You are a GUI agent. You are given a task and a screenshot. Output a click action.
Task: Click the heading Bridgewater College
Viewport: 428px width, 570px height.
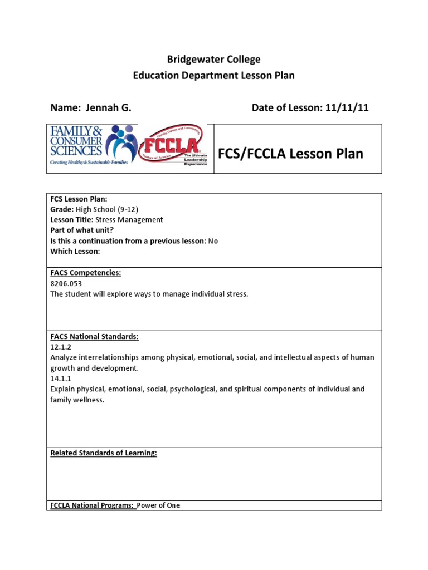pos(214,60)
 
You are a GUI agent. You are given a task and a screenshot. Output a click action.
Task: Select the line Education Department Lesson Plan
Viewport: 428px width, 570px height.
pos(214,76)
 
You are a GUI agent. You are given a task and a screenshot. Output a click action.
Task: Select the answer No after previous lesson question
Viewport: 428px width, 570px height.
pos(212,241)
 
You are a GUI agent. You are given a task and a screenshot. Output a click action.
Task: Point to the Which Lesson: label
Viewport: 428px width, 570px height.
pos(75,252)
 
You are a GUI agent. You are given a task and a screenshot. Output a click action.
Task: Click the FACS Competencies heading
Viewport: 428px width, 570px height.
pos(86,273)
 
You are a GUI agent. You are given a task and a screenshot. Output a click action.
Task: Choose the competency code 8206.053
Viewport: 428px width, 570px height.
pos(66,283)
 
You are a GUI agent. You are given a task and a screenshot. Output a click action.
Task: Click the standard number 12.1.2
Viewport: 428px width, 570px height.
pos(59,347)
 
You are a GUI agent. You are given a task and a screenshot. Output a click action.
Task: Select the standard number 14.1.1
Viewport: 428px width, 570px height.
pos(59,379)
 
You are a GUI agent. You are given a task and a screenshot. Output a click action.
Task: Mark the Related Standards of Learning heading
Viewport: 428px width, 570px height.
pos(104,453)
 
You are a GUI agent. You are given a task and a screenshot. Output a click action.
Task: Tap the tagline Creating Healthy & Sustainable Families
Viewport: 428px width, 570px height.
pos(89,163)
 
